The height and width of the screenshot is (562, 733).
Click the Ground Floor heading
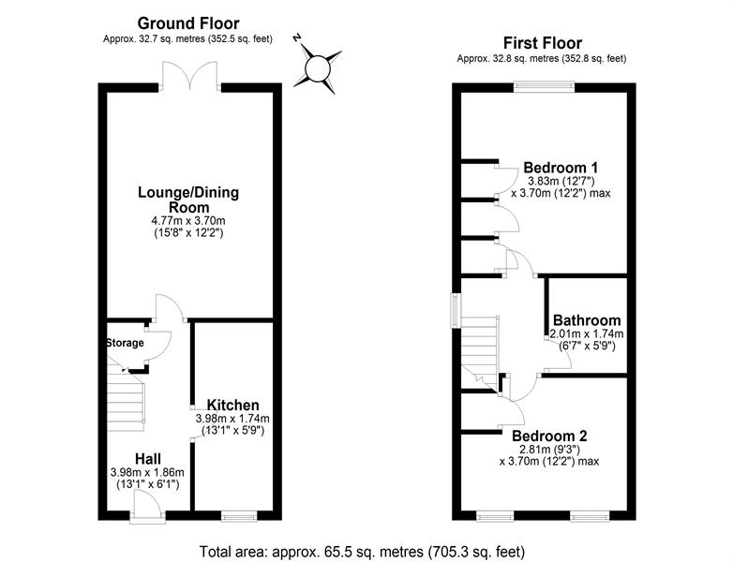[x=187, y=22]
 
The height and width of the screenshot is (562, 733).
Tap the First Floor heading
[x=543, y=43]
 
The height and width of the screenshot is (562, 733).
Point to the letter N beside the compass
[x=297, y=38]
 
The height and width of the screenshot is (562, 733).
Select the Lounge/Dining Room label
[x=188, y=200]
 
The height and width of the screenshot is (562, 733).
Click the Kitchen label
[x=232, y=405]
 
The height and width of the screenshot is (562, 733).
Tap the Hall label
[x=148, y=459]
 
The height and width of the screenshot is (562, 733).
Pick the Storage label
[x=125, y=343]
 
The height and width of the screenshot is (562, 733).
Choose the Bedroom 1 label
[x=561, y=168]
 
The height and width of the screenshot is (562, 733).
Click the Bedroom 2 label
[x=549, y=436]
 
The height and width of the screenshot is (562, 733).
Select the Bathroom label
[x=587, y=320]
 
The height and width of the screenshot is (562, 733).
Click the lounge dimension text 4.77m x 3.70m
[x=188, y=220]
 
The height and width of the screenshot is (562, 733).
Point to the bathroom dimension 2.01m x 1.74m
[x=587, y=334]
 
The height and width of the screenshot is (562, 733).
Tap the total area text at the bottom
[x=363, y=552]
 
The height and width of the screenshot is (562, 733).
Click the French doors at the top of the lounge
[x=190, y=76]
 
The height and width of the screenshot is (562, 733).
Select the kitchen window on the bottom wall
[x=239, y=516]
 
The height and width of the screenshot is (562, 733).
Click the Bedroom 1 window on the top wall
[x=545, y=87]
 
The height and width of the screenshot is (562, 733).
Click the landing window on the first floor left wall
[x=456, y=311]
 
